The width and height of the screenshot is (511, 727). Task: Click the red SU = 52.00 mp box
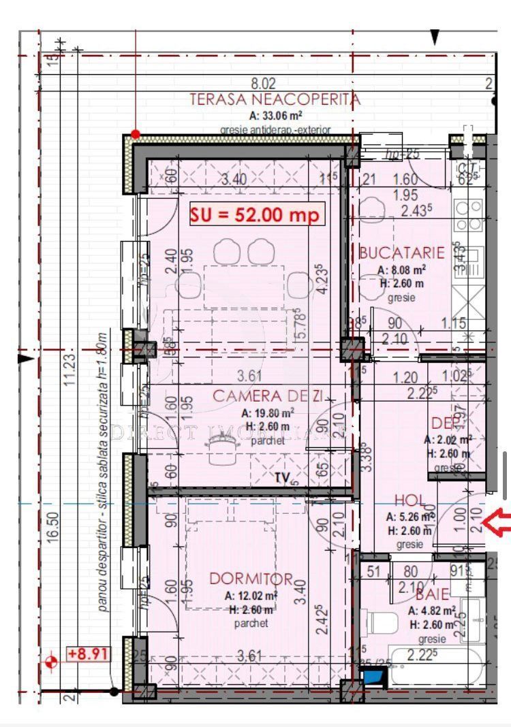[256, 214]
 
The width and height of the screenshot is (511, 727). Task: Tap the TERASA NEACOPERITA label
[275, 99]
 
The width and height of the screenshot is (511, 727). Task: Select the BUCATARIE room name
[401, 253]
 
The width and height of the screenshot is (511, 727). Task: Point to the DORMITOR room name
[251, 579]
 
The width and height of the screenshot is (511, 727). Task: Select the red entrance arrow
[497, 523]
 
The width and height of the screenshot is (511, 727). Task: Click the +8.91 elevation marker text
[87, 655]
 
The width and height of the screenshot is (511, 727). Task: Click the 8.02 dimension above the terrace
[264, 84]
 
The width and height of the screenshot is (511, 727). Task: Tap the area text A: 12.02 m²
[251, 596]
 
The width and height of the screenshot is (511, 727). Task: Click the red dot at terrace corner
[136, 134]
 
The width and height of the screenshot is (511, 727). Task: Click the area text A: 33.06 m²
[275, 115]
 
